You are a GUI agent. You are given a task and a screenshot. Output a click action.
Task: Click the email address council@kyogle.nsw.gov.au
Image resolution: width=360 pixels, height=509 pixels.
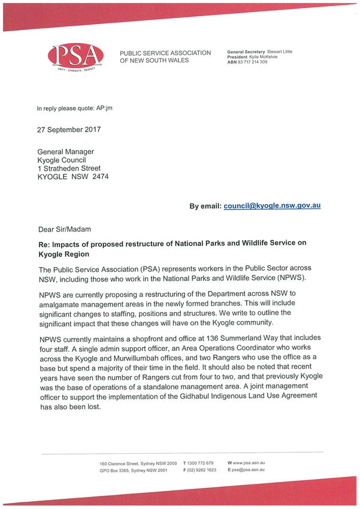272,205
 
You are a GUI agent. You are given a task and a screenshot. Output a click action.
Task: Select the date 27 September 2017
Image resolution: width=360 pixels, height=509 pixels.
69,129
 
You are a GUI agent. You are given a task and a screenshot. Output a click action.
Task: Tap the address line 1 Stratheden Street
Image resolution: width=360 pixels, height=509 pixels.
69,169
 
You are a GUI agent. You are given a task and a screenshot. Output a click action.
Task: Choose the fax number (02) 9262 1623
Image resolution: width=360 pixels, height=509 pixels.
202,470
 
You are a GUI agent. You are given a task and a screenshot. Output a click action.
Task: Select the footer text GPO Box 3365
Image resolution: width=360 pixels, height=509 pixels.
116,470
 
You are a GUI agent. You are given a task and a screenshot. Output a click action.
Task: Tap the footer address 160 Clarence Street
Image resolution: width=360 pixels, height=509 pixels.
120,464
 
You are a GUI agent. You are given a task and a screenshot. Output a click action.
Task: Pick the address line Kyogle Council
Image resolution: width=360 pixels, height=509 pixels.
65,160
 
